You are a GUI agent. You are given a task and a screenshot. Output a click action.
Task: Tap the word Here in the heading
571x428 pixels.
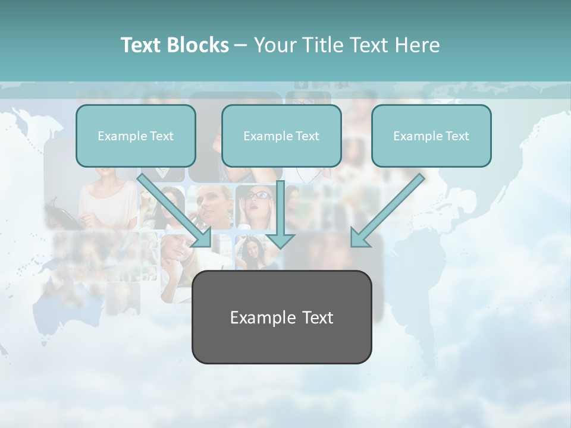click(418, 45)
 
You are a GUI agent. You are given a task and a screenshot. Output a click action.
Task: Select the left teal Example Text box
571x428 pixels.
click(136, 136)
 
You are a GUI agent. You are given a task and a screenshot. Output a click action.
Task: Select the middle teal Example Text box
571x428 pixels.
click(281, 136)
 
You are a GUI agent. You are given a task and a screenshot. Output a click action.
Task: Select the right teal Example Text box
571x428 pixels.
click(431, 136)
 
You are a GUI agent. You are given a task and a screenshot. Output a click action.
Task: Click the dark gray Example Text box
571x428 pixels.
click(281, 317)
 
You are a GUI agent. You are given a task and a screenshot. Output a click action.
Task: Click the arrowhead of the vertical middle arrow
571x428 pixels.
click(280, 240)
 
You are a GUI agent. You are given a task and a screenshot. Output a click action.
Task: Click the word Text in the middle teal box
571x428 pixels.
click(307, 136)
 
